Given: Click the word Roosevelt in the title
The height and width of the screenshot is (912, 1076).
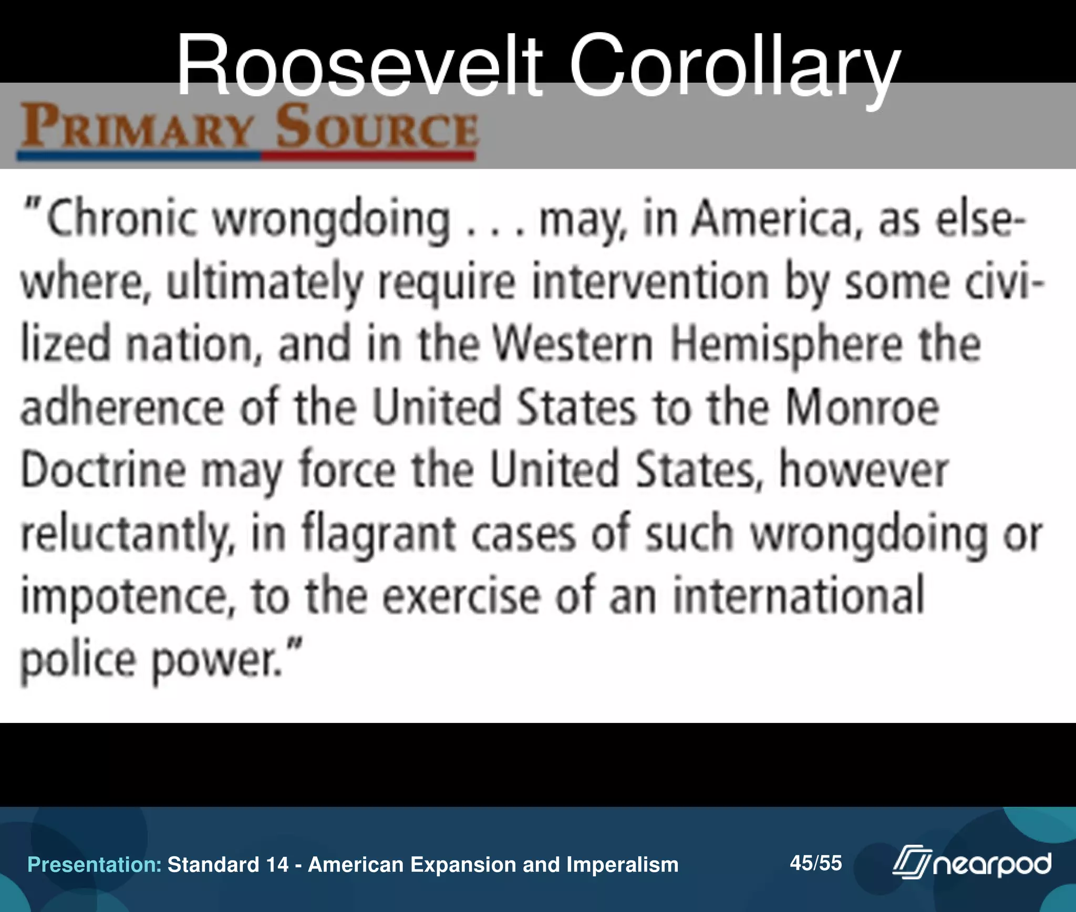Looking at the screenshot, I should click(x=359, y=67).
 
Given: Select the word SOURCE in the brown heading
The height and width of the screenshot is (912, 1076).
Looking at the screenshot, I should click(x=377, y=128).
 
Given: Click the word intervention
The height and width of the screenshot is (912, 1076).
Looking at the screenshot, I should click(x=650, y=283).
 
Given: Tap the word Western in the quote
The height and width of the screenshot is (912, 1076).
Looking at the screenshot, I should click(x=573, y=345).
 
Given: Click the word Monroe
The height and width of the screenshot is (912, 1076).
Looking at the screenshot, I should click(x=862, y=408).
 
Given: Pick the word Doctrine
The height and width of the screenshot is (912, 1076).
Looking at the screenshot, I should click(x=104, y=470).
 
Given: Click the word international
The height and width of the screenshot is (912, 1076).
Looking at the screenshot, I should click(x=799, y=596).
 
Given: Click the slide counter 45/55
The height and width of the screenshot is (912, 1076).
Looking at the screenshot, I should click(x=815, y=863).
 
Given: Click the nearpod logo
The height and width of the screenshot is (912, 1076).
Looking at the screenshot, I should click(x=972, y=863).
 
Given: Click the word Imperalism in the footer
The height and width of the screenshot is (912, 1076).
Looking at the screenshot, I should click(x=623, y=865).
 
